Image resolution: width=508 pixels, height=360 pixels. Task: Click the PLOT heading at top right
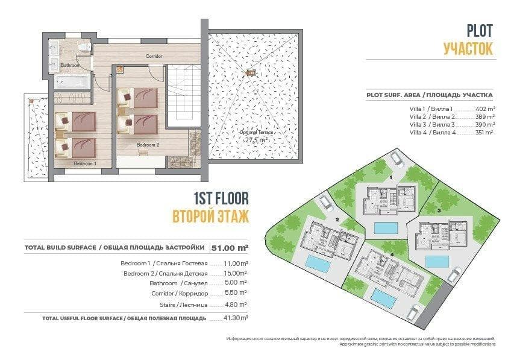click(480, 30)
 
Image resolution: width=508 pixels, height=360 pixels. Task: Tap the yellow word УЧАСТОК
click(468, 48)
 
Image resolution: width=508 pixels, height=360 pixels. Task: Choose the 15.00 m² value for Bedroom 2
click(235, 273)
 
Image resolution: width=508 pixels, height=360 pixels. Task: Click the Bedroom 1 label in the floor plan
click(84, 163)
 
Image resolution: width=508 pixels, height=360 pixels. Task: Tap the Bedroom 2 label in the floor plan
click(147, 145)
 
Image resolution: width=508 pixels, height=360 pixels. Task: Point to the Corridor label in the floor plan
click(154, 56)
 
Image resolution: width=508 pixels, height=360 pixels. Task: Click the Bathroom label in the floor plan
click(70, 65)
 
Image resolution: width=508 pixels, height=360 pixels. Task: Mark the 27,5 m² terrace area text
click(256, 139)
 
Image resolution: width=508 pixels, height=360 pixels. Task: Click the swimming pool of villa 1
click(386, 227)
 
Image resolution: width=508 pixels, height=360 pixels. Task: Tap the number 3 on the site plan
click(439, 210)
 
